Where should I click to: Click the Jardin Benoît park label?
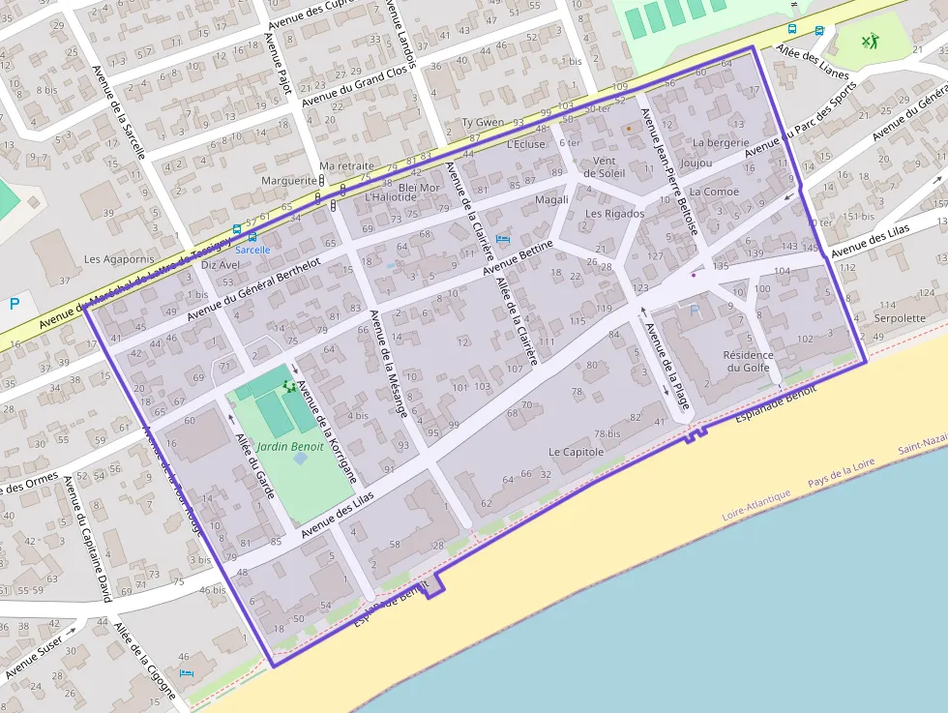point(291,447)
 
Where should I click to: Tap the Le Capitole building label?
point(576,452)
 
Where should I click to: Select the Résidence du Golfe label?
point(749,361)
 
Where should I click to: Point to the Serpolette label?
point(900,318)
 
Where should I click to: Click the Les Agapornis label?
point(119,259)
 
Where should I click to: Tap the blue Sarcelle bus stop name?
point(253,250)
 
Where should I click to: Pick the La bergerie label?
point(722,143)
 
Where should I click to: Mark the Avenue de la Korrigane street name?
point(328,432)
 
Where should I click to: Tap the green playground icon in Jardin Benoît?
point(288,386)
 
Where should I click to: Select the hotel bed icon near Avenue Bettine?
point(501,238)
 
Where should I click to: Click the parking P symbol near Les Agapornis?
point(15,303)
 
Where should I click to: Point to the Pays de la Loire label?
point(841,475)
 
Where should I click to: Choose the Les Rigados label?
point(614,214)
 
